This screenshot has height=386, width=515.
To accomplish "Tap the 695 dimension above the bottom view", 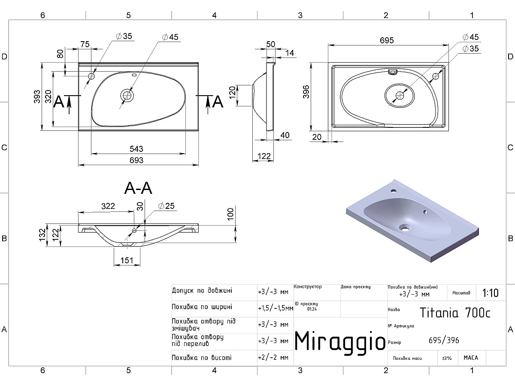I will coord(387,40).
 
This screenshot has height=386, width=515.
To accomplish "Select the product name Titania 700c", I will coord(454,312).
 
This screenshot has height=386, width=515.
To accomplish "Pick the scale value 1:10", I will coord(490,293).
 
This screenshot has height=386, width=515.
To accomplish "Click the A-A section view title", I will coord(138,188).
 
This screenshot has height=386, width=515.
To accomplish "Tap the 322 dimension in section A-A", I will coord(108,206).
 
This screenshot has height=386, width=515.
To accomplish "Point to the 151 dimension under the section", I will coord(127,261).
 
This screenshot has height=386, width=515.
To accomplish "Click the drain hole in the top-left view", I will coord(127,96).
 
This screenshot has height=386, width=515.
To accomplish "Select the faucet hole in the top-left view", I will coord(91,76).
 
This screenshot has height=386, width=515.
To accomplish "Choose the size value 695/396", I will coord(444,341).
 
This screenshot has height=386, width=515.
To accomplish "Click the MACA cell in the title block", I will coord(470,358).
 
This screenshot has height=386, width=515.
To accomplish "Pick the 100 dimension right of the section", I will coord(230,213).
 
